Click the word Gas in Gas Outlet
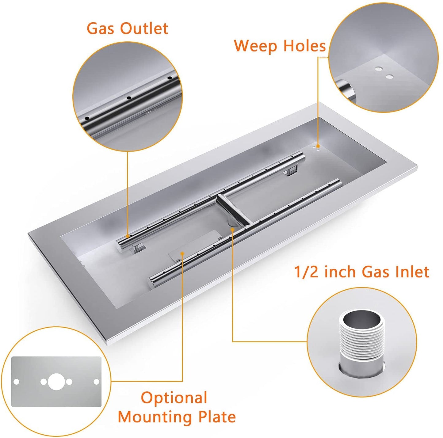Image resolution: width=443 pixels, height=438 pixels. pos(101,29)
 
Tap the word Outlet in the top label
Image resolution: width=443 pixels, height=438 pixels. pos(144,29)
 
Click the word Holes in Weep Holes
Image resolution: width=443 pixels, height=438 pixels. pos(304,46)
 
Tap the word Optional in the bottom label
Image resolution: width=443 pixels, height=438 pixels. pos(174,398)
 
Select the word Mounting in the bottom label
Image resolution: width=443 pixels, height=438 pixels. pos(155,417)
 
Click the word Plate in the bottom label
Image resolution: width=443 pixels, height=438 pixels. pos(217,417)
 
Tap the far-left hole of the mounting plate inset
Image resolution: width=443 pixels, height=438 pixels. pos(16,382)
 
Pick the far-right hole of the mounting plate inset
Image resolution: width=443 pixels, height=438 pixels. pos(96,382)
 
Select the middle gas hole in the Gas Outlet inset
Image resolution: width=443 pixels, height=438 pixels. pos(129,98)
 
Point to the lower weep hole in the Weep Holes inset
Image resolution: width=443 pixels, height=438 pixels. pos(389,76)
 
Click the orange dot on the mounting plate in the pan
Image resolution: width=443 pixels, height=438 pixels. pos(182,253)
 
